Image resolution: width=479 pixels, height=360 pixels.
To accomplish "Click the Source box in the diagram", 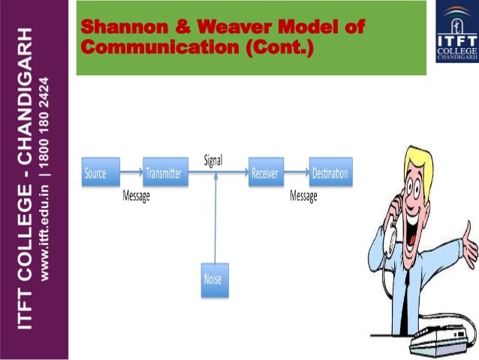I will [95, 174].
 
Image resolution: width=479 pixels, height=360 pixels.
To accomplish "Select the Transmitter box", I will [164, 174].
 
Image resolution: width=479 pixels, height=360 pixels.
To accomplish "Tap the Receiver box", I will [265, 174].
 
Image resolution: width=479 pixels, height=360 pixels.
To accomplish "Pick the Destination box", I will [330, 174].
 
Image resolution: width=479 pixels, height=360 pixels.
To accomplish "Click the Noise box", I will [212, 280].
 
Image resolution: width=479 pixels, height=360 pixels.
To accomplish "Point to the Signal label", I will [212, 159].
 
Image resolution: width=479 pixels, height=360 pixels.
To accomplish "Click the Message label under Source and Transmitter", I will [137, 196].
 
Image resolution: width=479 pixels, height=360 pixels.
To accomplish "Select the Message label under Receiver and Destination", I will [303, 196].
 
